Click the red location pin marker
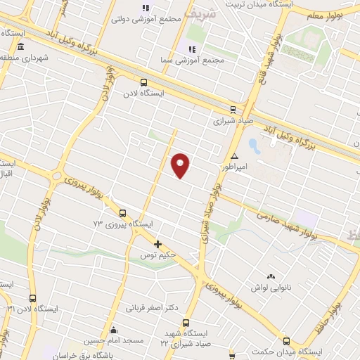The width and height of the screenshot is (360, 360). pos(181,165)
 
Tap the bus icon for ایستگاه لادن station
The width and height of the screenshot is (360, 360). pos(144,82)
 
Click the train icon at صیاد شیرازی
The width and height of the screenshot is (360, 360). pos(233,109)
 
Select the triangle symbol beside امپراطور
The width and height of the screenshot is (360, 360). pos(234,156)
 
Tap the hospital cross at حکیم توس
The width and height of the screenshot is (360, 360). pos(157,245)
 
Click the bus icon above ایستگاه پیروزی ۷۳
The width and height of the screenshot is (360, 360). pos(123,213)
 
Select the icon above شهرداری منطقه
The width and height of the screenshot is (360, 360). pos(20,47)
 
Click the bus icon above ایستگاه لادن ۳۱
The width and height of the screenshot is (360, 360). pos(32,298)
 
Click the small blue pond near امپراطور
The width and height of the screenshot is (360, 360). pos(254,147)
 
